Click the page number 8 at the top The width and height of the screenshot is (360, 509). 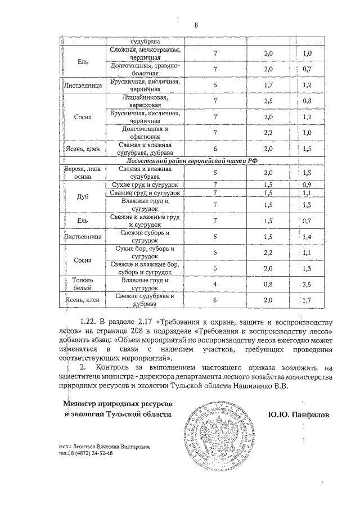196,25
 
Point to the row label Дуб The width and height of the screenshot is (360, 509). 83,197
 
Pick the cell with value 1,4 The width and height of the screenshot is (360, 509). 307,236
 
